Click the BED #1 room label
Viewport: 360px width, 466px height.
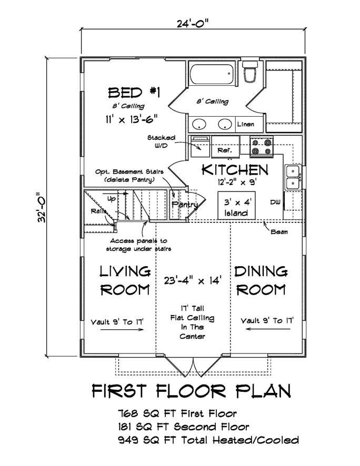click(x=134, y=93)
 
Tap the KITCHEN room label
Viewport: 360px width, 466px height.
click(x=235, y=170)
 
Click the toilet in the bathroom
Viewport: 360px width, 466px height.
click(x=249, y=72)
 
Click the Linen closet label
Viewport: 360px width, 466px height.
click(x=246, y=125)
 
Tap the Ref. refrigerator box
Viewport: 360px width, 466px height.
click(x=222, y=150)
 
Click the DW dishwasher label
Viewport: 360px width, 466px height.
click(x=275, y=202)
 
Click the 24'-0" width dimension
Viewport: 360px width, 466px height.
click(x=193, y=23)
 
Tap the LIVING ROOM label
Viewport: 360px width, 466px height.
click(x=125, y=280)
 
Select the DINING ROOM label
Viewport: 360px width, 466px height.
click(x=261, y=280)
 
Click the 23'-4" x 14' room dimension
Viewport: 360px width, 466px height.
click(x=193, y=280)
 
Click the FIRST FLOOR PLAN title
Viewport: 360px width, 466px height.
click(x=192, y=391)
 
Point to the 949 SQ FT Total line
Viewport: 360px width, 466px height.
click(x=209, y=440)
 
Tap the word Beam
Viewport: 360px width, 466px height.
click(x=279, y=231)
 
